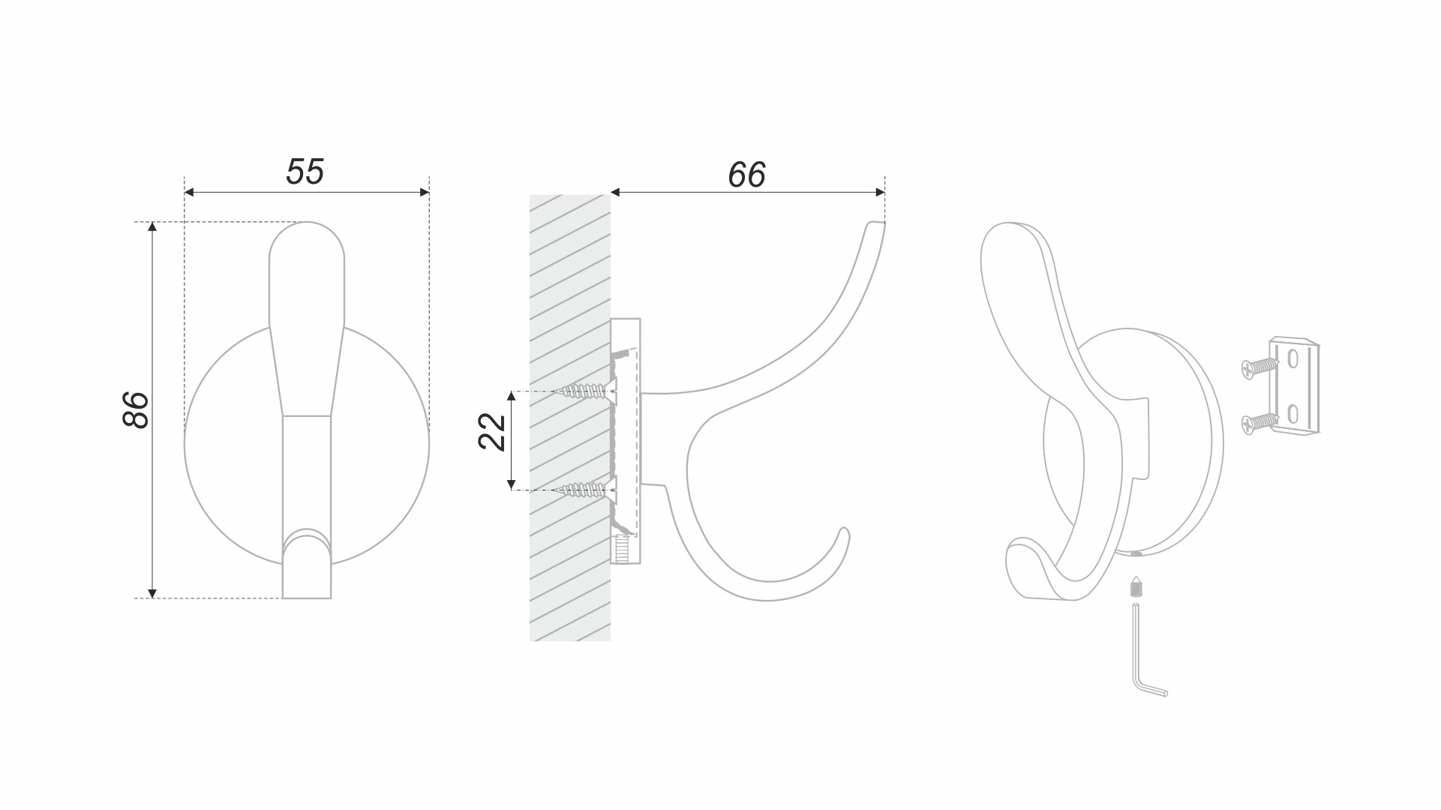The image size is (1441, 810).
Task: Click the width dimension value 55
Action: [x=305, y=172]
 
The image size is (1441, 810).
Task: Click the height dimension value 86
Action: [x=136, y=409]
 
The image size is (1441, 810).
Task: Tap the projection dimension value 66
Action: [x=746, y=175]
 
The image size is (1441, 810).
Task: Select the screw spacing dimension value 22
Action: [x=492, y=432]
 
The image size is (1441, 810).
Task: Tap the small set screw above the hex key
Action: [x=1136, y=586]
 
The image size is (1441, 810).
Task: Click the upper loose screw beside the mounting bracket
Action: [x=1259, y=367]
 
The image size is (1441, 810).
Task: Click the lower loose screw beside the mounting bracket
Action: [x=1259, y=423]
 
